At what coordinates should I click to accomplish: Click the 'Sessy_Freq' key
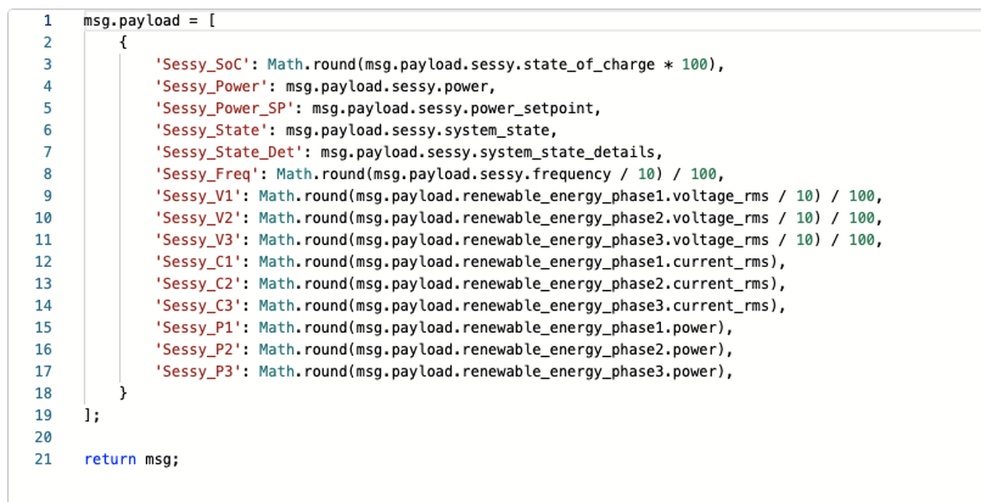point(207,174)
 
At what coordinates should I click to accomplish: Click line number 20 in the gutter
point(43,437)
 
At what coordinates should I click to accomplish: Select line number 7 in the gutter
point(47,152)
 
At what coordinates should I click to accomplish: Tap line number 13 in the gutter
point(43,284)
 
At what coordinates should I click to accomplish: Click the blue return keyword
point(110,460)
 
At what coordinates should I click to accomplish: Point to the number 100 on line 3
point(694,65)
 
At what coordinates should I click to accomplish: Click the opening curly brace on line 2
point(123,42)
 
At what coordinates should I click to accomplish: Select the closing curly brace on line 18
point(123,393)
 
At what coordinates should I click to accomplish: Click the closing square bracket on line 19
point(88,415)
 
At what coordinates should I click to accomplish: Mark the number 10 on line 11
point(804,240)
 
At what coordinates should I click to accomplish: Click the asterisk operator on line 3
point(668,65)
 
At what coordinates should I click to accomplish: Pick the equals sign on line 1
point(193,21)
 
